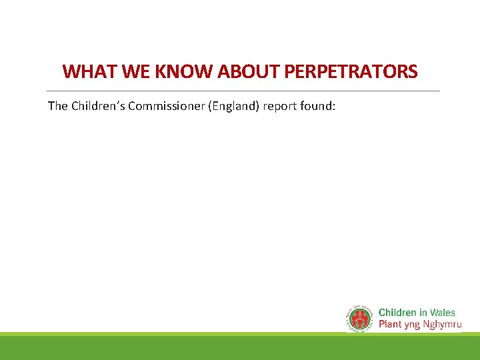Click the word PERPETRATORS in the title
pos(353,71)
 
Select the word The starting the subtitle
pos(57,105)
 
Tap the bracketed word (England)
pos(237,105)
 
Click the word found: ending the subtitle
pos(323,105)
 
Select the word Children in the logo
pos(397,313)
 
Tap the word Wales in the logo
pos(443,313)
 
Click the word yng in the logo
pos(414,325)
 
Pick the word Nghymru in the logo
pos(443,325)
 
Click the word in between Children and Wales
pos(423,313)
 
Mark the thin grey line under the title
pos(243,91)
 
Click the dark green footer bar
pos(240,348)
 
